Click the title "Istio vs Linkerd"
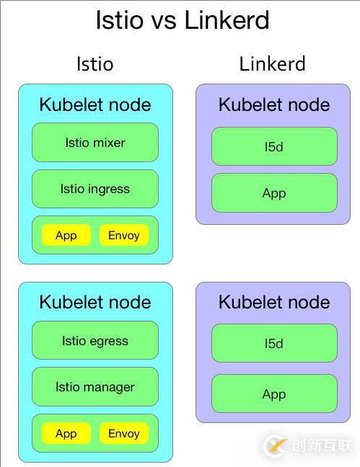(x=182, y=20)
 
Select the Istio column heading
(x=95, y=64)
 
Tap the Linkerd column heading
(x=273, y=64)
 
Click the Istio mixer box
(x=95, y=143)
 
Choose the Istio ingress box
(x=95, y=189)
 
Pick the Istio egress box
(x=95, y=341)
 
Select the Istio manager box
(x=95, y=387)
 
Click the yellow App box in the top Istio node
(x=66, y=236)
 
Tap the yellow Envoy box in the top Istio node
(x=123, y=236)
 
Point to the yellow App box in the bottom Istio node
(x=66, y=433)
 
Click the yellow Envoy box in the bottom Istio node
(x=123, y=433)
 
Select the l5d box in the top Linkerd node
(x=274, y=147)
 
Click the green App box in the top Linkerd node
(x=274, y=193)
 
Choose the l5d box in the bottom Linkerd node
(x=274, y=344)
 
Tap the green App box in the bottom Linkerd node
(x=274, y=394)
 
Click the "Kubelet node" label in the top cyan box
(x=95, y=105)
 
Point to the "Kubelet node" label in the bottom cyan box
(x=95, y=303)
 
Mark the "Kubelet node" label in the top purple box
(x=274, y=105)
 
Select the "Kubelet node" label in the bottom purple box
(x=274, y=303)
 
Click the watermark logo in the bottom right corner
(x=276, y=445)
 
